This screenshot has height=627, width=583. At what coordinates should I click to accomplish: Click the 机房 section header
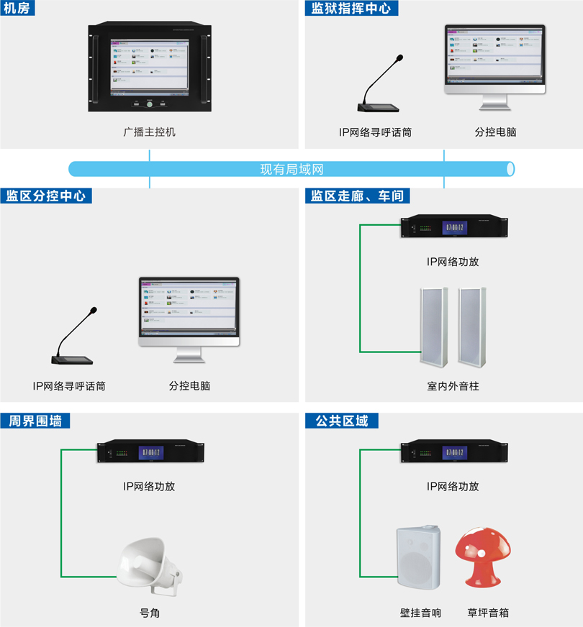click(x=19, y=8)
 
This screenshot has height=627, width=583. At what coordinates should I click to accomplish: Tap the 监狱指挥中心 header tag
click(x=351, y=8)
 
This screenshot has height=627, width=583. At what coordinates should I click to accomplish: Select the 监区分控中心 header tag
click(x=46, y=196)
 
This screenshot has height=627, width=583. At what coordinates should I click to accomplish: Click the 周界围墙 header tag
click(x=36, y=421)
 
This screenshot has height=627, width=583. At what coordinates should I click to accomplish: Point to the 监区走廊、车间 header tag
click(x=357, y=196)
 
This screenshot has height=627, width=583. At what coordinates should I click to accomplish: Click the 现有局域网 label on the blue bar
click(x=291, y=169)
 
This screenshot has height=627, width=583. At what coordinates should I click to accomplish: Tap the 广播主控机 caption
click(x=149, y=132)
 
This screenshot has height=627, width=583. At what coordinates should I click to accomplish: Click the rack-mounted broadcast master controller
click(x=150, y=68)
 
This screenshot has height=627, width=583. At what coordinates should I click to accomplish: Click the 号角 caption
click(x=149, y=613)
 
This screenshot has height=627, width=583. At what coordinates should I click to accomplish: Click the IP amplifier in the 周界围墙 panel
click(x=150, y=452)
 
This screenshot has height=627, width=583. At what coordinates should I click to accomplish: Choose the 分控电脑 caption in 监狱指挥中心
click(x=495, y=132)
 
